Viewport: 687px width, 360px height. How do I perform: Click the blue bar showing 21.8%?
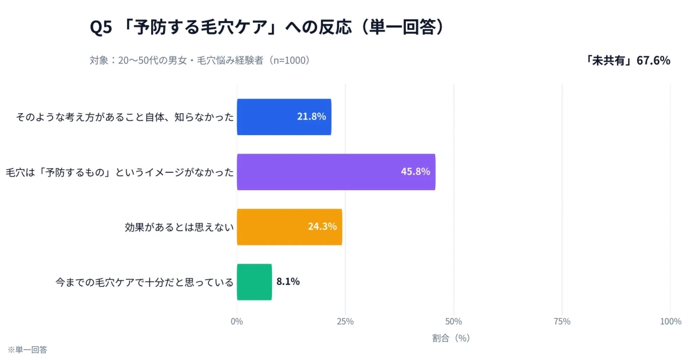283,117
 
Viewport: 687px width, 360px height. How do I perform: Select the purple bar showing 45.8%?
335,172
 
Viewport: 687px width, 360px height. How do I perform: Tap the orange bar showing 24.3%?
289,227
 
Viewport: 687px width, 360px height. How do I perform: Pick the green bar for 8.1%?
254,282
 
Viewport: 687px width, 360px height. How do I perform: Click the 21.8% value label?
311,117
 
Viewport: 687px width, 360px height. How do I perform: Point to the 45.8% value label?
415,172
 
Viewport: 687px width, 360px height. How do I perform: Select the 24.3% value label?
322,227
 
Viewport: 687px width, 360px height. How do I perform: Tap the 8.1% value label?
288,282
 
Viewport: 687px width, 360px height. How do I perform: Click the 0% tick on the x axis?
236,322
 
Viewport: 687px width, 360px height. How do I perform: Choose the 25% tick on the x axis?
345,322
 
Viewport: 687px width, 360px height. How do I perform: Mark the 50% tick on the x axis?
453,322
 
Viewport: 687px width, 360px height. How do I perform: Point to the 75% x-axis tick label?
562,322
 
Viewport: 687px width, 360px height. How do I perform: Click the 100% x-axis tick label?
670,322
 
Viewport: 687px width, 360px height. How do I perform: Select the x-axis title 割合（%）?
451,338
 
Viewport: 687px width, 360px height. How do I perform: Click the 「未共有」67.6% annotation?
627,60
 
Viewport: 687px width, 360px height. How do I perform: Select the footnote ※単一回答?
27,349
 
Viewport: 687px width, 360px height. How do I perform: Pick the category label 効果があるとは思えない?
179,227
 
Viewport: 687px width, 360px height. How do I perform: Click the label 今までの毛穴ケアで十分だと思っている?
144,282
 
